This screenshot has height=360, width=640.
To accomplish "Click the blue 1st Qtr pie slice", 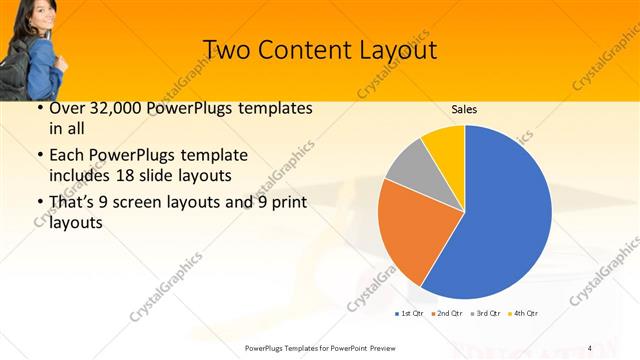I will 505,215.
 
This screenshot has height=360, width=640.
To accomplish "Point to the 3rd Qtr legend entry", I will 486,314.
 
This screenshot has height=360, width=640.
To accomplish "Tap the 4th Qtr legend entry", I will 524,314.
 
